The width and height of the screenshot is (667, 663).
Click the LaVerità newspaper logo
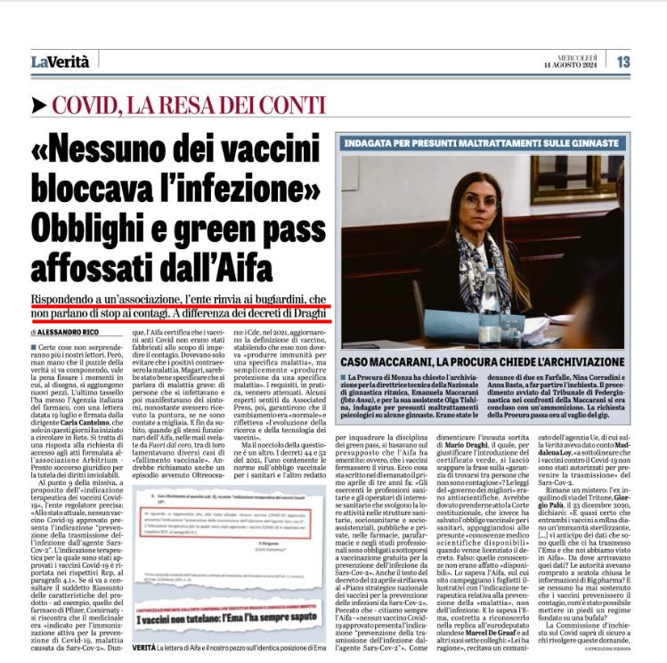[60, 61]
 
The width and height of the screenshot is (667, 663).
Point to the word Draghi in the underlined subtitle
[302, 312]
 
